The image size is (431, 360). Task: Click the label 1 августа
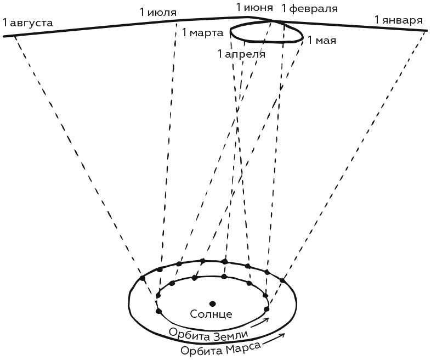tap(28, 22)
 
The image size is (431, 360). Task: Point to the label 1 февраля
tap(309, 8)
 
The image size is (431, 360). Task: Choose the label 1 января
tap(398, 20)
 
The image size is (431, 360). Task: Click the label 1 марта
tap(202, 33)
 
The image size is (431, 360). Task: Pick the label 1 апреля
tap(241, 54)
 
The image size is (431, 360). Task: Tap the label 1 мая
tap(322, 40)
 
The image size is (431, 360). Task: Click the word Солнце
tap(211, 314)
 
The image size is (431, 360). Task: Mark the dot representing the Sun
tap(212, 303)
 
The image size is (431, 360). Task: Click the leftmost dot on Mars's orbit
tap(143, 278)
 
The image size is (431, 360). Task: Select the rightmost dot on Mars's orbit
tap(282, 280)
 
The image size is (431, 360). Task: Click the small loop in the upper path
tap(267, 32)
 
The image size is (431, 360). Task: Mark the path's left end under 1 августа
tap(4, 36)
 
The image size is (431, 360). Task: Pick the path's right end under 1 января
tap(427, 30)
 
